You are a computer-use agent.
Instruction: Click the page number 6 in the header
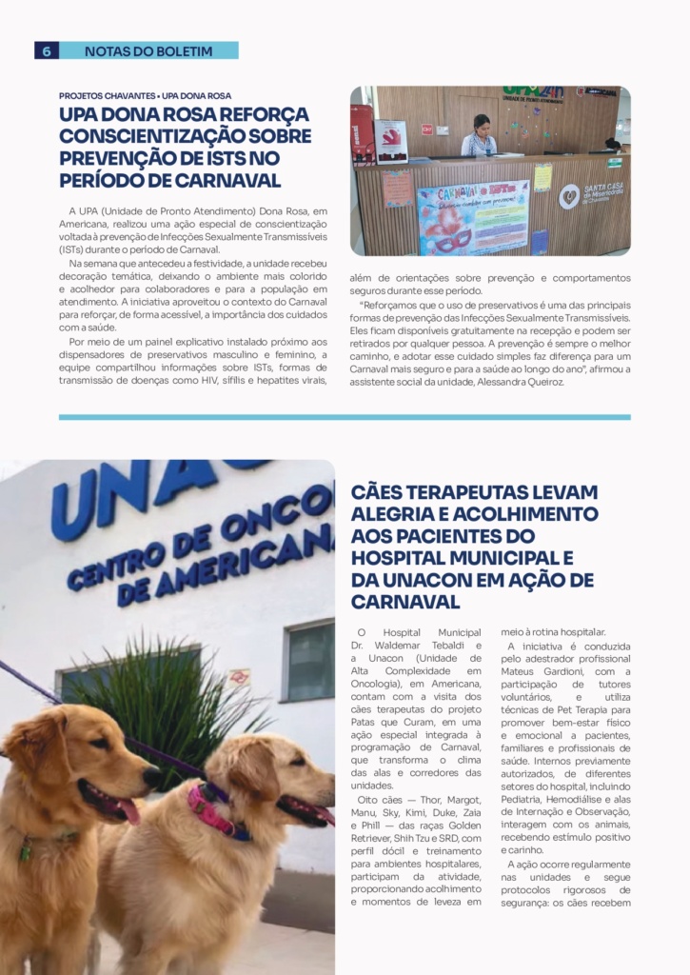click(46, 50)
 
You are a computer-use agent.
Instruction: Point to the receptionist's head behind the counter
click(482, 124)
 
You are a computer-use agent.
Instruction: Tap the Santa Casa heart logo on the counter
click(569, 196)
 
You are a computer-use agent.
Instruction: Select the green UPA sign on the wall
click(533, 94)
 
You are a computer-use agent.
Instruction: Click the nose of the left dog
click(149, 776)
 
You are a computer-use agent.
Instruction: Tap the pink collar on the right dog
click(211, 810)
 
